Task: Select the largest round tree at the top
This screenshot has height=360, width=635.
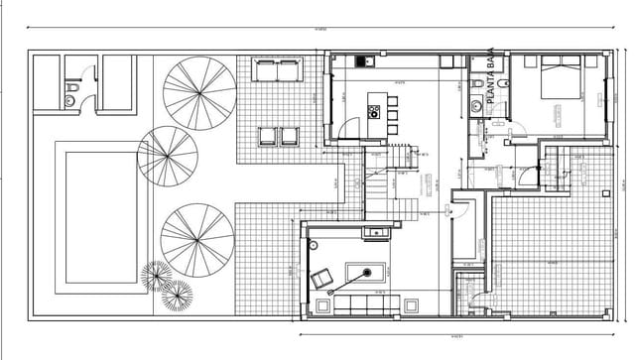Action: pos(199,92)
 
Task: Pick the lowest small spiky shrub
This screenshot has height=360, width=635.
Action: pos(178,295)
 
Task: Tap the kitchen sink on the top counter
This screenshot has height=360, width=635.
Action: pos(361,61)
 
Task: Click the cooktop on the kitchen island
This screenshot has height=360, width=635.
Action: pos(374,109)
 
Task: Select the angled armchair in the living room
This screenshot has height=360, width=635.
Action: pos(321,280)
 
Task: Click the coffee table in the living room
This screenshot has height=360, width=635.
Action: pos(365,273)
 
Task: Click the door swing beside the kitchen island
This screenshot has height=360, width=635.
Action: pos(349,128)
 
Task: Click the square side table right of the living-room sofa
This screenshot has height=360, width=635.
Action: pos(411,303)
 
